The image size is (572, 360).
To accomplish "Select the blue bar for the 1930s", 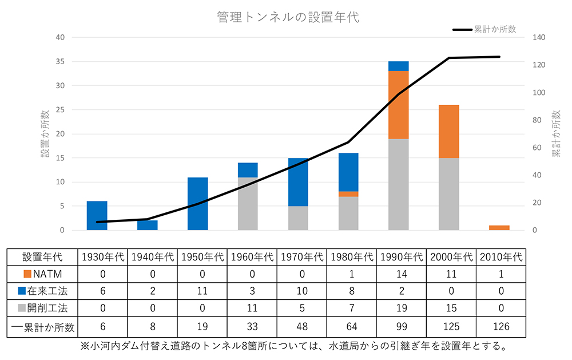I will pyautogui.click(x=97, y=216).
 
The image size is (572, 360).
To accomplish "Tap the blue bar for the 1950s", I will pyautogui.click(x=197, y=204).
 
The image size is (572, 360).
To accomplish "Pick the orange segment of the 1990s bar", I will pyautogui.click(x=399, y=105).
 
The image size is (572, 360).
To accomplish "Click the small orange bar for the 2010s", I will pyautogui.click(x=499, y=228).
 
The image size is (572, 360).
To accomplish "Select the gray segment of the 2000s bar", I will pyautogui.click(x=449, y=194).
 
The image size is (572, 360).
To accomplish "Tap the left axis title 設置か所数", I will pyautogui.click(x=45, y=134).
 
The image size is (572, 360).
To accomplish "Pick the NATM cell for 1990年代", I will pyautogui.click(x=402, y=274).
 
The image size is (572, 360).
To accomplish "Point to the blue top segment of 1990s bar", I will pyautogui.click(x=399, y=66).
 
